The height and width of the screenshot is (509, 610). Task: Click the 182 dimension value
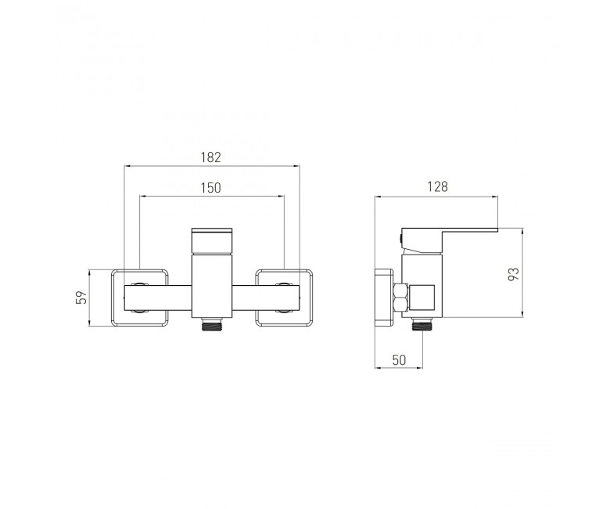[211, 157]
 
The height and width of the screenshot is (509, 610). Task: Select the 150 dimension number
[211, 188]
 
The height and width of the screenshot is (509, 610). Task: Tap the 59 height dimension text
[81, 298]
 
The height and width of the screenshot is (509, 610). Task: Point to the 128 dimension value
[438, 186]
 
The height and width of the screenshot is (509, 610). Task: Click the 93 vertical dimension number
[514, 274]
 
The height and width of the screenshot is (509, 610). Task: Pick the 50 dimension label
[399, 360]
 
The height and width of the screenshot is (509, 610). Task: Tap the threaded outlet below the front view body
[212, 324]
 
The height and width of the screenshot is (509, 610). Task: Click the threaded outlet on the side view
[422, 324]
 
